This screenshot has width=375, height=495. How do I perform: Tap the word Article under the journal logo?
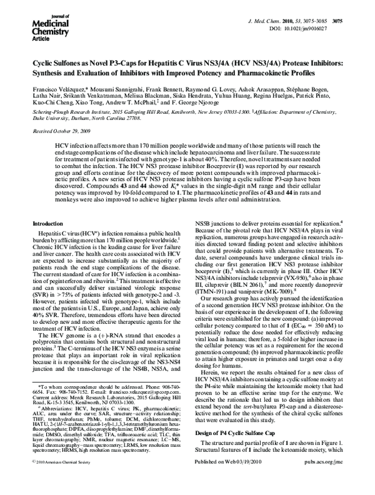[23, 37]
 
